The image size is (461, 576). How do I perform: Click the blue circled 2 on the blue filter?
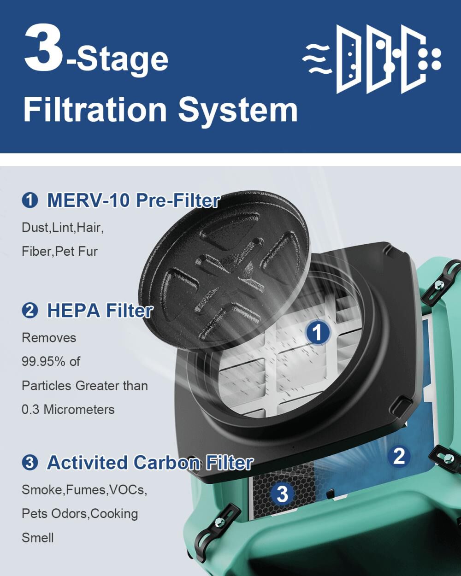click(399, 456)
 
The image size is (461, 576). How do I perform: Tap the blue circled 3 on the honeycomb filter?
click(282, 494)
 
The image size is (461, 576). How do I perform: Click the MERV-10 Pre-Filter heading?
click(133, 200)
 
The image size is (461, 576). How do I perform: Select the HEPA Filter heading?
click(100, 311)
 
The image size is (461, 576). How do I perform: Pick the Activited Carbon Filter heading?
click(150, 462)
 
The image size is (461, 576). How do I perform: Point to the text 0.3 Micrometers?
click(68, 409)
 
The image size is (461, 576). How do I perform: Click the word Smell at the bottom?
click(38, 538)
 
